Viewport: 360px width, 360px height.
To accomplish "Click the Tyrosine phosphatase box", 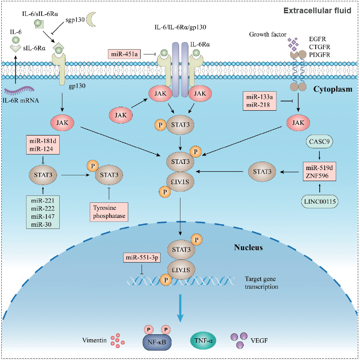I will [109, 211].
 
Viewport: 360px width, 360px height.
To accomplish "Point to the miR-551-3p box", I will [142, 258].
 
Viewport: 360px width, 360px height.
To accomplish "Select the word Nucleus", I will [248, 247].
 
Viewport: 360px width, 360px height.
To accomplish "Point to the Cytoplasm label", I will [333, 89].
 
